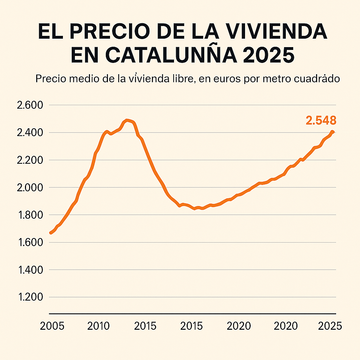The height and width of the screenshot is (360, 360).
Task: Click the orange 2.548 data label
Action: point(321,121)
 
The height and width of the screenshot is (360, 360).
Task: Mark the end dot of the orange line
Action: point(332,132)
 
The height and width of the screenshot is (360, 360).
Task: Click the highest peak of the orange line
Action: point(127,121)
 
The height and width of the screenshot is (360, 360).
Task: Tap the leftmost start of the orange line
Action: point(51,233)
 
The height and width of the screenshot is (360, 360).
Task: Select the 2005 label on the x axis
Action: point(52,326)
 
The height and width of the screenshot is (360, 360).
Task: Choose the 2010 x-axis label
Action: point(99,326)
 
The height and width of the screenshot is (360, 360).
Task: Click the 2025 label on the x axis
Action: point(330,326)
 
